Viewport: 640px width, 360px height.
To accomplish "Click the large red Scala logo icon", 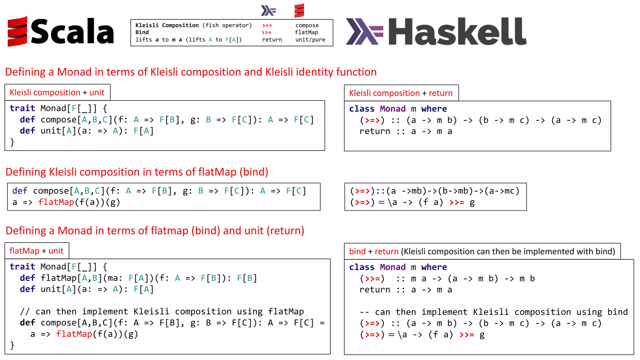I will (17, 31).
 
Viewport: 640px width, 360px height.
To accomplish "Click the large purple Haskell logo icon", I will (364, 31).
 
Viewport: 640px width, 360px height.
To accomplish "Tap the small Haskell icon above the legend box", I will (268, 11).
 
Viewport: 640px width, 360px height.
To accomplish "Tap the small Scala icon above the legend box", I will (299, 11).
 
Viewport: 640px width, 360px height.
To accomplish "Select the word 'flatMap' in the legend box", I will (306, 32).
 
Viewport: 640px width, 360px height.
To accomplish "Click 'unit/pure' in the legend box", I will (310, 40).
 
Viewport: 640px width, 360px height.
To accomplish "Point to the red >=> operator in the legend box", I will (267, 25).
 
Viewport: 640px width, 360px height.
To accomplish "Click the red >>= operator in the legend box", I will (267, 32).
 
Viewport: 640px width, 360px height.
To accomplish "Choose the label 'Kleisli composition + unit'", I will (57, 92).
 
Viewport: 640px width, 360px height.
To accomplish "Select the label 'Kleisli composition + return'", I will (401, 93).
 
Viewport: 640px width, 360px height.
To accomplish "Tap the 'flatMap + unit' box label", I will (36, 251).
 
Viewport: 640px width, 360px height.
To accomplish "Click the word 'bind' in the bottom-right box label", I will (357, 252).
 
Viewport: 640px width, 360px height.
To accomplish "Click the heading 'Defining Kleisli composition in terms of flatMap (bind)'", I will (137, 172).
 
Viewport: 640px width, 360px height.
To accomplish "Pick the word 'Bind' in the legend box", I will (142, 32).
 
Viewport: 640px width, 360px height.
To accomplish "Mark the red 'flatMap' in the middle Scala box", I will (56, 202).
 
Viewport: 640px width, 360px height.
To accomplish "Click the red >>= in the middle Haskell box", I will (457, 202).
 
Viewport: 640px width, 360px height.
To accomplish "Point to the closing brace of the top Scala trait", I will (12, 142).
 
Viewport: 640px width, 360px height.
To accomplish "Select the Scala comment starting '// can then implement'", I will (162, 312).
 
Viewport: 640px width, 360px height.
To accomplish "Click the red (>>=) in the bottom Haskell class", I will (372, 278).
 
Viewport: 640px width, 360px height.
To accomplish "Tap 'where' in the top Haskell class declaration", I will (434, 109).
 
